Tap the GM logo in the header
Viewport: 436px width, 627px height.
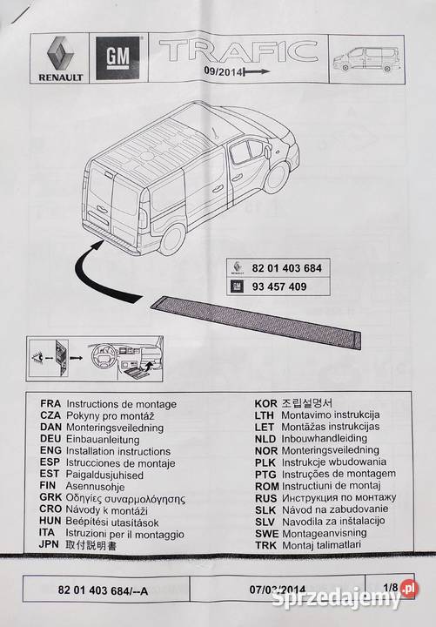point(117,58)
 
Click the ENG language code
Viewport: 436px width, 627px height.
point(51,453)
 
